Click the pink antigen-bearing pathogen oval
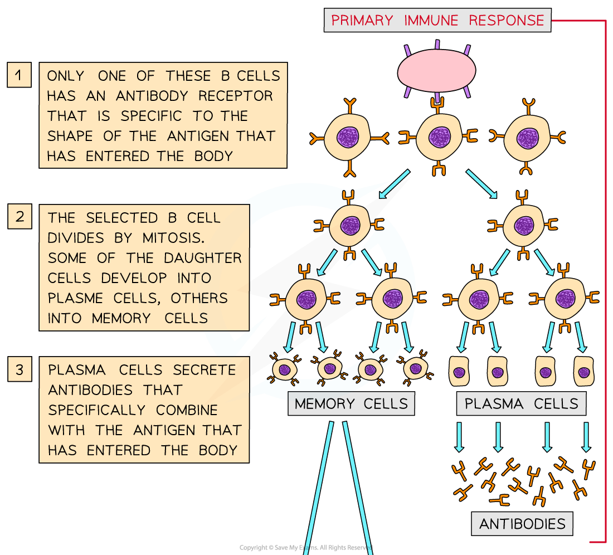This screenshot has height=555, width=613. click(x=436, y=71)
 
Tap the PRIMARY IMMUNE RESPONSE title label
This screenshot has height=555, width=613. click(x=437, y=21)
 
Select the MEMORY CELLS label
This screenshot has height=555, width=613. click(x=351, y=404)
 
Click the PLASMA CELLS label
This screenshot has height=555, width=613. click(x=521, y=404)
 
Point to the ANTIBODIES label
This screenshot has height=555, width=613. click(x=522, y=524)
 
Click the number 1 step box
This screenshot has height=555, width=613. click(x=20, y=75)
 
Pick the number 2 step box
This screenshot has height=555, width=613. click(x=20, y=216)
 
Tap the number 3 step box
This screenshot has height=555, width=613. click(x=20, y=370)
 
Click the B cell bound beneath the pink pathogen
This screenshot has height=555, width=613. click(x=439, y=137)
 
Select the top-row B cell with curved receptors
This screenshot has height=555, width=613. click(x=527, y=137)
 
